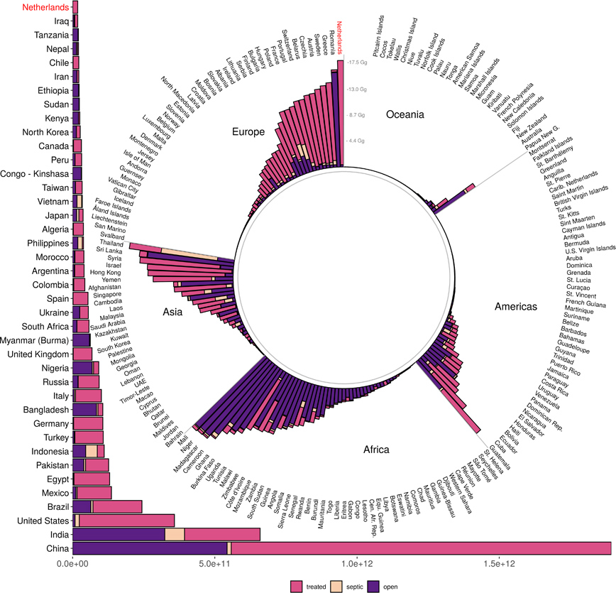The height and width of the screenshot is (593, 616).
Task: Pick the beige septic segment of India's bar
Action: [x=175, y=535]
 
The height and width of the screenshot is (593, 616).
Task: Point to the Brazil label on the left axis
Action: [x=57, y=506]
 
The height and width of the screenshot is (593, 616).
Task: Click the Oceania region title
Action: [x=405, y=114]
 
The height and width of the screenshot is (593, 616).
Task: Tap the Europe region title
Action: [x=248, y=131]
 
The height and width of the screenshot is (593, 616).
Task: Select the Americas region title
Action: [x=517, y=307]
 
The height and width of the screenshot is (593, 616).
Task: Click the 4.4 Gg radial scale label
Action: [x=356, y=141]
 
